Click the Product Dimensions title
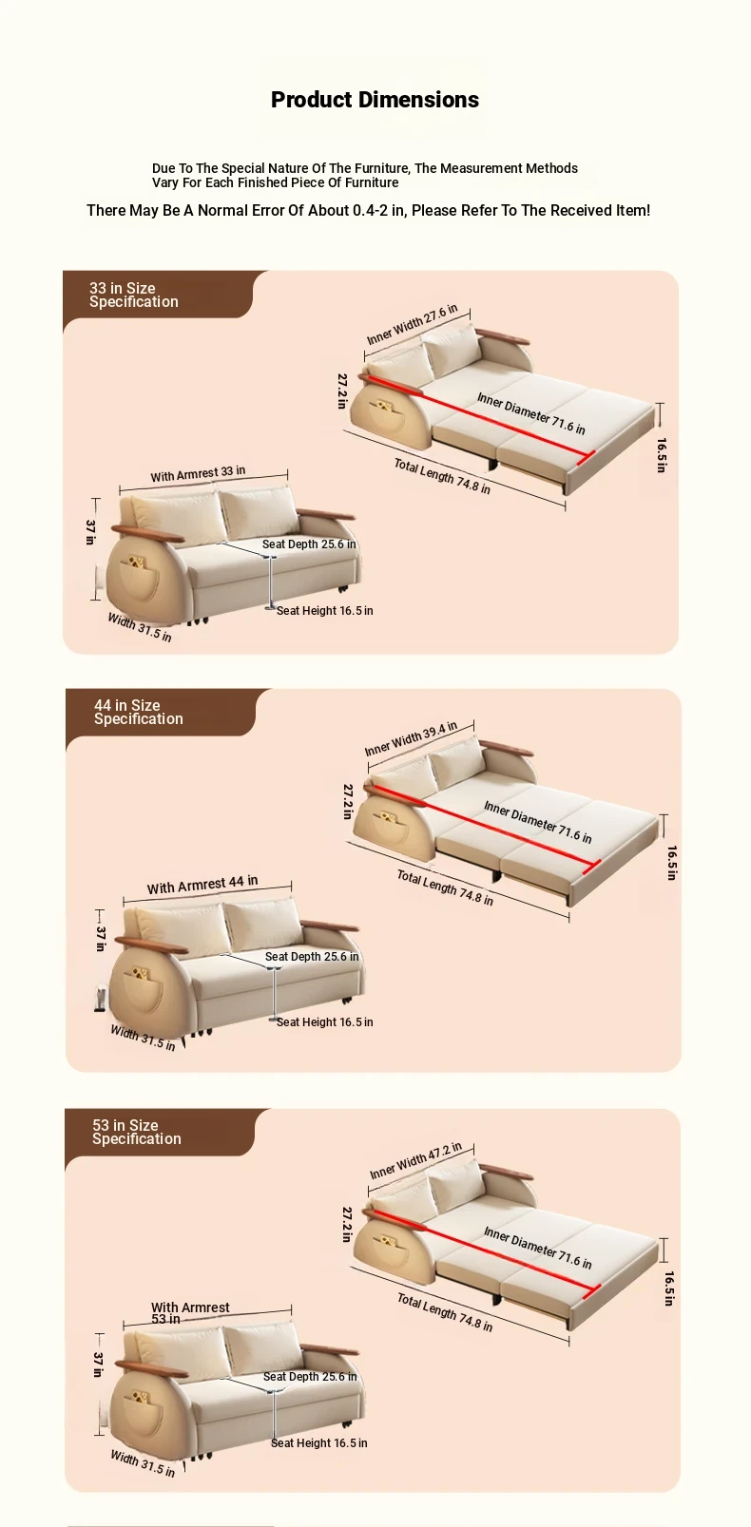[x=375, y=100]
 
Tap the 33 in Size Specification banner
[x=158, y=296]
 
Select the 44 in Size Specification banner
[x=161, y=713]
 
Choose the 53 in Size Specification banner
[x=160, y=1133]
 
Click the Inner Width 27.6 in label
[x=412, y=325]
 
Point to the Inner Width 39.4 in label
[x=411, y=739]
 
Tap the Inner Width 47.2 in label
[x=416, y=1160]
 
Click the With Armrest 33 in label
[x=198, y=474]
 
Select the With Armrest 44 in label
[x=202, y=884]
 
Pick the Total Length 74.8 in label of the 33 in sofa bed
[x=442, y=476]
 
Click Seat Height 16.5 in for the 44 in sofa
[x=325, y=1021]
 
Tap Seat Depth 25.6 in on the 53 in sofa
[x=310, y=1376]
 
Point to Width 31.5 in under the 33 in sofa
[x=140, y=627]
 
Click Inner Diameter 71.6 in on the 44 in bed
[x=537, y=822]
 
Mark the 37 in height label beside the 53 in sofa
[x=98, y=1365]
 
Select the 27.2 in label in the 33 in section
[x=342, y=391]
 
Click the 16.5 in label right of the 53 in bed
[x=669, y=1288]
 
